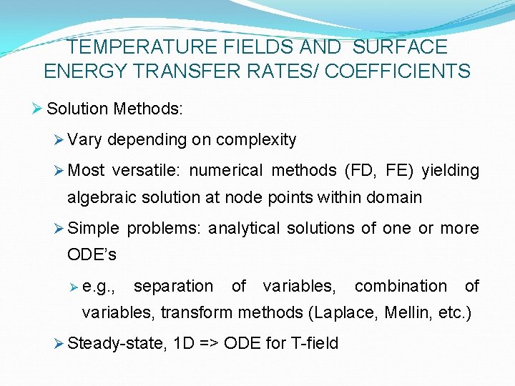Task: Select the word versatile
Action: point(149,170)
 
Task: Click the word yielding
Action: point(450,170)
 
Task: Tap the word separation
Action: point(173,286)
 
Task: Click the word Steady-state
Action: point(118,343)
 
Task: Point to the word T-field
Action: point(313,343)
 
